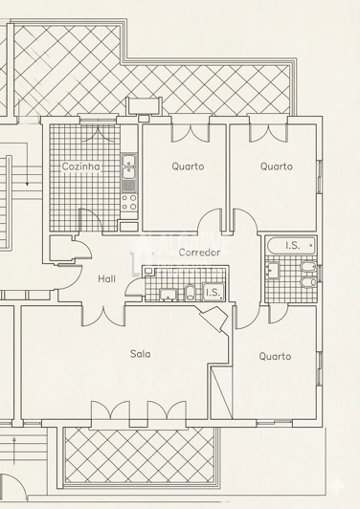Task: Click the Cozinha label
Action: click(80, 166)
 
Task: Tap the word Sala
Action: click(141, 353)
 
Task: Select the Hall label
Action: click(106, 278)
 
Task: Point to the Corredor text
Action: click(199, 253)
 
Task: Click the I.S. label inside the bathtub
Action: click(293, 245)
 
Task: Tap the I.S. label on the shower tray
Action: click(213, 293)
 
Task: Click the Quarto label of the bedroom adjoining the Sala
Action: click(275, 357)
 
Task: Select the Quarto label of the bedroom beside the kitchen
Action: click(188, 166)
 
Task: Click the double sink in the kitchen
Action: click(129, 166)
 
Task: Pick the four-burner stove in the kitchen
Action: click(129, 202)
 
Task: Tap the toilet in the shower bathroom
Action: click(190, 292)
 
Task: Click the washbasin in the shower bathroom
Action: click(168, 294)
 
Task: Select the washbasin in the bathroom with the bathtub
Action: click(272, 271)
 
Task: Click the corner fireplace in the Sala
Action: click(214, 318)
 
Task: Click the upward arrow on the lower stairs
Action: click(14, 451)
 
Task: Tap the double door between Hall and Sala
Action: click(103, 314)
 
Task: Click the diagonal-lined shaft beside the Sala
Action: click(221, 392)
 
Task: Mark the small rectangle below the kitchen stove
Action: click(129, 226)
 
